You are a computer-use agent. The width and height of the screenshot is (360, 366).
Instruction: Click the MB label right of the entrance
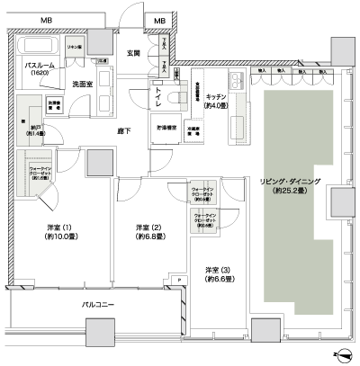[x=159, y=21]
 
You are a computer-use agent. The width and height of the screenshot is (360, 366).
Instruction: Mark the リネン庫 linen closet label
[x=78, y=46]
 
